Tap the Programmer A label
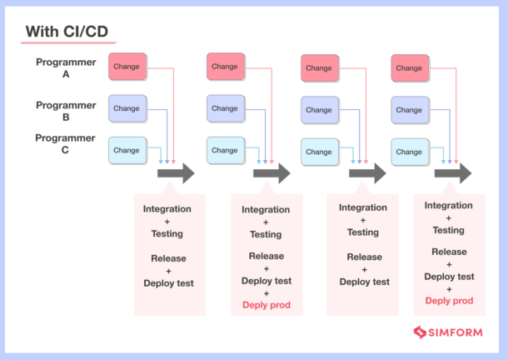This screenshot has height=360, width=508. point(66,67)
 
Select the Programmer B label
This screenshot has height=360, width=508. point(66,111)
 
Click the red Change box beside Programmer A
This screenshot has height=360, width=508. point(127,67)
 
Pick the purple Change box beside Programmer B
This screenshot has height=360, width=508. point(127,108)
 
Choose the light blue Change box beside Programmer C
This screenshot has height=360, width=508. point(127,150)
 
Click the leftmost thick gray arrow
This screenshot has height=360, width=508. point(175,173)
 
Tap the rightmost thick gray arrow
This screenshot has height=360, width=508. point(453,173)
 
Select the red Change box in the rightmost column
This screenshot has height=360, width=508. point(409,67)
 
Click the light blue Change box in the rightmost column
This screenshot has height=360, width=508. point(409,152)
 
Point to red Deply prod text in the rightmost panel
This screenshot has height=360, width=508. point(449,300)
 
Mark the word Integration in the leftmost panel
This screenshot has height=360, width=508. point(167,208)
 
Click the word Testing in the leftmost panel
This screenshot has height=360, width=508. point(167,234)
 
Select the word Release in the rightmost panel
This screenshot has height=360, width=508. point(449,252)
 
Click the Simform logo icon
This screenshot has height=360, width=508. point(420,332)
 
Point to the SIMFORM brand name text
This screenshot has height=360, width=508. point(456,332)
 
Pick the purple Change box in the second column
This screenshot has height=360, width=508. point(225,108)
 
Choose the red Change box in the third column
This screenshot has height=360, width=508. point(318,67)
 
